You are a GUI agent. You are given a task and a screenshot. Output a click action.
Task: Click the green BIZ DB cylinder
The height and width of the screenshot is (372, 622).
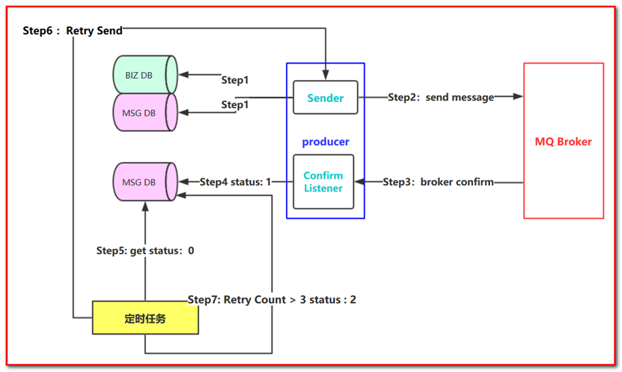pyautogui.click(x=144, y=74)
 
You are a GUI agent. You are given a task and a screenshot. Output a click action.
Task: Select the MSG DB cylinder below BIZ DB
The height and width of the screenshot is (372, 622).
pyautogui.click(x=144, y=112)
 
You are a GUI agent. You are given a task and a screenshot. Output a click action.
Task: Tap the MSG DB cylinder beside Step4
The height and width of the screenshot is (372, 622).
pyautogui.click(x=144, y=182)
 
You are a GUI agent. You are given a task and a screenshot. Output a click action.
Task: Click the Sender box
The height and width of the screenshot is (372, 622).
pyautogui.click(x=326, y=97)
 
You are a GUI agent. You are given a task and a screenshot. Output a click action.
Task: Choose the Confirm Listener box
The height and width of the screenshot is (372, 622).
pyautogui.click(x=323, y=181)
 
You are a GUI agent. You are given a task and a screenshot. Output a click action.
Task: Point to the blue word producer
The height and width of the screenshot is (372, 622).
pyautogui.click(x=326, y=142)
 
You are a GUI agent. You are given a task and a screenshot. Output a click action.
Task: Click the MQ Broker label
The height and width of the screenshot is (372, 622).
pyautogui.click(x=563, y=142)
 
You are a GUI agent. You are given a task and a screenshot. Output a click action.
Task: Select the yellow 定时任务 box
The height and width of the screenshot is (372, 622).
pyautogui.click(x=145, y=318)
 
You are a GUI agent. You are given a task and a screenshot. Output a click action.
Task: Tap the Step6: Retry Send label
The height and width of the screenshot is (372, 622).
pyautogui.click(x=73, y=31)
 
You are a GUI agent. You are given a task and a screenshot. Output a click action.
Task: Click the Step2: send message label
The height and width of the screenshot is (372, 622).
pyautogui.click(x=441, y=97)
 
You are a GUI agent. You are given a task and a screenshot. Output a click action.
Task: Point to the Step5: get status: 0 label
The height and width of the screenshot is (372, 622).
pyautogui.click(x=145, y=250)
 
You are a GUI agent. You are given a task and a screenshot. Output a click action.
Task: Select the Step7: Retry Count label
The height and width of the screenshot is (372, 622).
pyautogui.click(x=272, y=300)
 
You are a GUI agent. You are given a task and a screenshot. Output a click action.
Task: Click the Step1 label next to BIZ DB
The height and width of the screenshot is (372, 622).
pyautogui.click(x=234, y=79)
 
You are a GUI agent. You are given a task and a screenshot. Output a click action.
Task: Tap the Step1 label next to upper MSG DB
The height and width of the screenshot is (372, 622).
pyautogui.click(x=234, y=105)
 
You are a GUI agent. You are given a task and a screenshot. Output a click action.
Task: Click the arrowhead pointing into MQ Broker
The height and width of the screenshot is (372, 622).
pyautogui.click(x=518, y=97)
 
